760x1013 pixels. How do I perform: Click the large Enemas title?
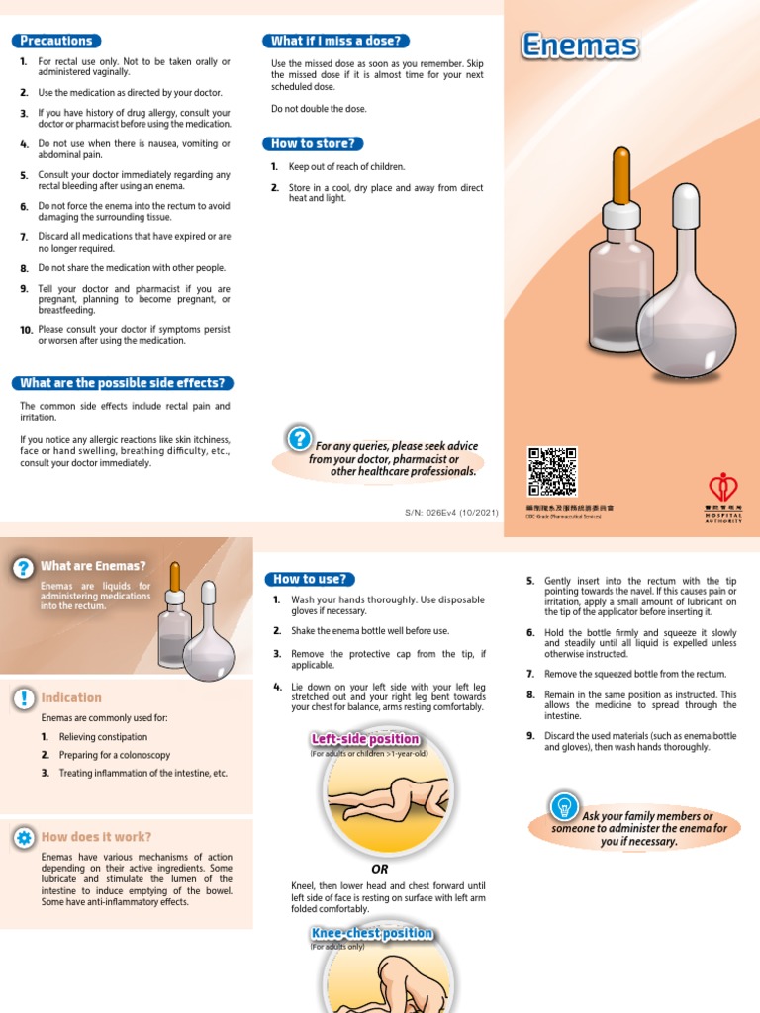pyautogui.click(x=579, y=46)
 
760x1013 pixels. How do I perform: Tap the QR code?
pyautogui.click(x=552, y=471)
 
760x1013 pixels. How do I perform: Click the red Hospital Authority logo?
pyautogui.click(x=723, y=487)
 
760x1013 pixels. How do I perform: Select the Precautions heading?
pyautogui.click(x=56, y=41)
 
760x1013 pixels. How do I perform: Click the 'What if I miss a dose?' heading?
pyautogui.click(x=335, y=41)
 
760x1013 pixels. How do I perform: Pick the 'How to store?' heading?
pyautogui.click(x=312, y=143)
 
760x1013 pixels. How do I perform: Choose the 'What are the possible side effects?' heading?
pyautogui.click(x=123, y=383)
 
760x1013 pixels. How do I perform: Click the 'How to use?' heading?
pyautogui.click(x=310, y=579)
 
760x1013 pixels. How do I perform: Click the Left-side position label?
pyautogui.click(x=365, y=739)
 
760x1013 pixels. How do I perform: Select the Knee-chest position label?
pyautogui.click(x=371, y=933)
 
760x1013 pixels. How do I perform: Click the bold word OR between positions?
pyautogui.click(x=379, y=868)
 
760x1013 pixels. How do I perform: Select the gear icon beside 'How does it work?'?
pyautogui.click(x=23, y=837)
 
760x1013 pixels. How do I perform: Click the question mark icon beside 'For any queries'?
pyautogui.click(x=297, y=438)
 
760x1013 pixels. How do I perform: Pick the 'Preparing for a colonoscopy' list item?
pyautogui.click(x=114, y=755)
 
